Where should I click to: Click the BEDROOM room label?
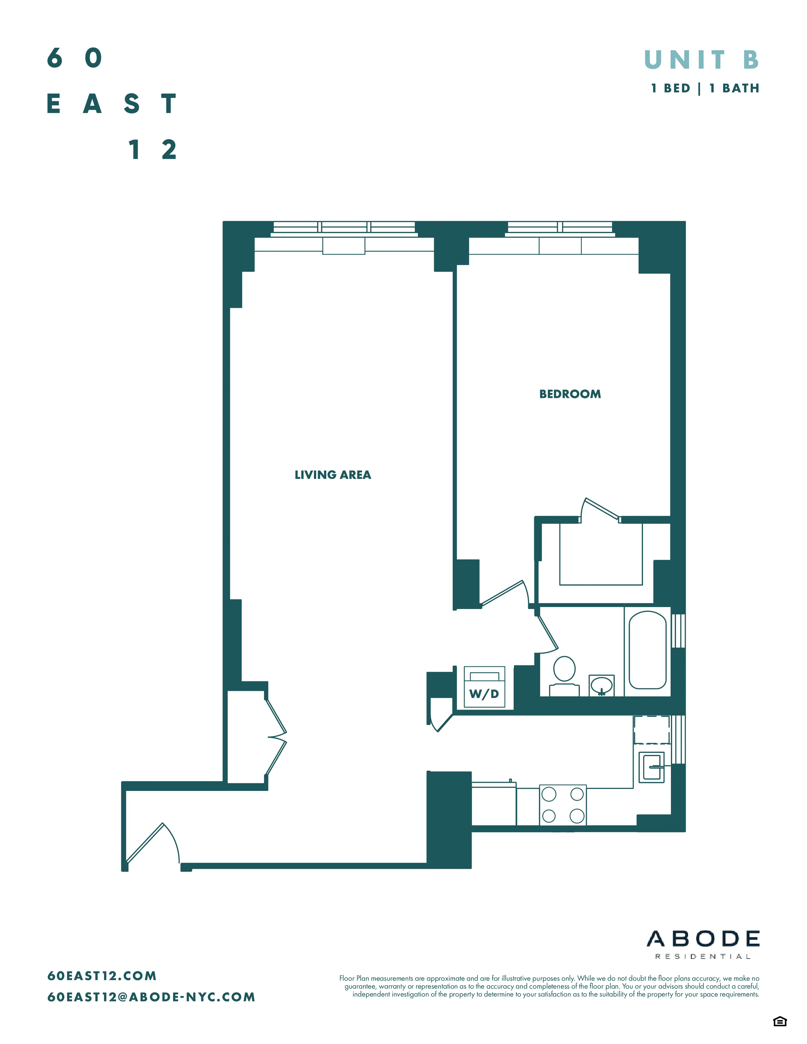click(x=570, y=395)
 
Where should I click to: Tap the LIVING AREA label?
click(x=333, y=475)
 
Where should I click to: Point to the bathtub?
click(x=647, y=650)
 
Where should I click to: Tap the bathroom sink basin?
click(x=601, y=686)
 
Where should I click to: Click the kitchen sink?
click(x=652, y=767)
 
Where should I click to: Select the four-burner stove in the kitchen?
click(x=563, y=805)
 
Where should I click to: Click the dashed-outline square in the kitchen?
click(x=652, y=730)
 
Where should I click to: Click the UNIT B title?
click(x=701, y=60)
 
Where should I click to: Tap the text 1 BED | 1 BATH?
click(x=705, y=89)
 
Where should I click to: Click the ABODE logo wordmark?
click(x=703, y=939)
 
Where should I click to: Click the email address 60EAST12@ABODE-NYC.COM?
click(x=151, y=997)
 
